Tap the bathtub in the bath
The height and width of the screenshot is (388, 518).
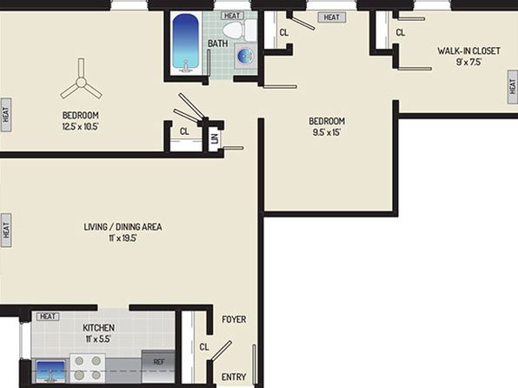[186, 42]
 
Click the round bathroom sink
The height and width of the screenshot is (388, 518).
[246, 56]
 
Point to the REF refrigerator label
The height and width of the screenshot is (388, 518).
[159, 362]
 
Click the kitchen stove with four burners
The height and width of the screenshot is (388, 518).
[88, 367]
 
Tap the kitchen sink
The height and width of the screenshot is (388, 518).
[50, 370]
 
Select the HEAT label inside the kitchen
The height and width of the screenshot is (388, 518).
[48, 317]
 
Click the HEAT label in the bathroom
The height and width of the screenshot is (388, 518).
[232, 16]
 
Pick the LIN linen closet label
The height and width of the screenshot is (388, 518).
[215, 138]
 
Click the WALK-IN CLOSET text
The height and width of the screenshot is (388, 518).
[468, 51]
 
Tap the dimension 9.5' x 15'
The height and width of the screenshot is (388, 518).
[327, 132]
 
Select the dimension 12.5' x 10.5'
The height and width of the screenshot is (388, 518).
[80, 126]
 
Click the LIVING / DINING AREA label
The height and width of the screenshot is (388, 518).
[123, 227]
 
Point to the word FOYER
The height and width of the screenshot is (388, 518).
[234, 319]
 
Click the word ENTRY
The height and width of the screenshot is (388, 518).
[234, 377]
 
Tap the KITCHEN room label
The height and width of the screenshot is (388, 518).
[98, 328]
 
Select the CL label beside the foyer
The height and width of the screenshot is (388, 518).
[204, 346]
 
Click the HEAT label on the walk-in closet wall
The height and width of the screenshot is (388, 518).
[513, 87]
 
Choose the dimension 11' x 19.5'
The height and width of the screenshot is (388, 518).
[123, 238]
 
